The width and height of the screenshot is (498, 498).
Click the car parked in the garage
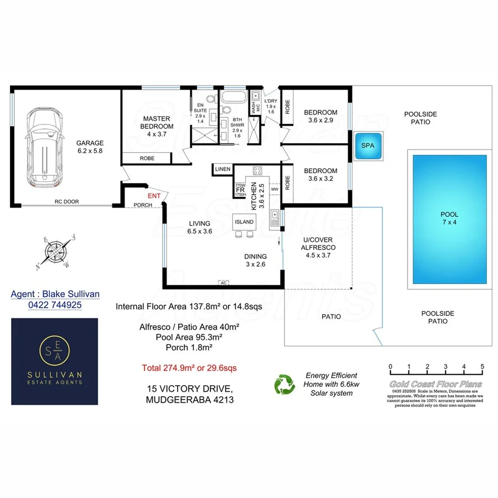[x=44, y=142]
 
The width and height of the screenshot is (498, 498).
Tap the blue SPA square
[x=367, y=145]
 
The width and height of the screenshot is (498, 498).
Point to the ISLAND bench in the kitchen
[x=244, y=221]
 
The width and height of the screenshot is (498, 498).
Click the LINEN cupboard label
[x=222, y=169]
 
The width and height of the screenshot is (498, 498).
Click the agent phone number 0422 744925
[x=55, y=305]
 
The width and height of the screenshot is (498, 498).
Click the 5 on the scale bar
[x=483, y=366]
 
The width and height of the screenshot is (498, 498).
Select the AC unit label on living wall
[x=224, y=283]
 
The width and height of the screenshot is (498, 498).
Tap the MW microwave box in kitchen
[x=274, y=190]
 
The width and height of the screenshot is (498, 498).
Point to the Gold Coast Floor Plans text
[x=435, y=384]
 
